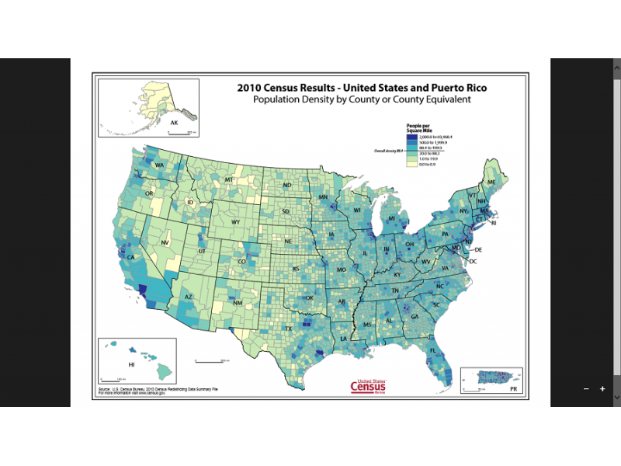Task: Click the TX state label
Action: [289, 329]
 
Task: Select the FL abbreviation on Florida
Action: [432, 351]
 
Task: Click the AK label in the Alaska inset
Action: [174, 123]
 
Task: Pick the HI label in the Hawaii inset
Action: [131, 364]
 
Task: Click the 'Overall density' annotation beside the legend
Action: [390, 151]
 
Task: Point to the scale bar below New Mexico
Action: [210, 360]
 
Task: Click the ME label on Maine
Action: [491, 182]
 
